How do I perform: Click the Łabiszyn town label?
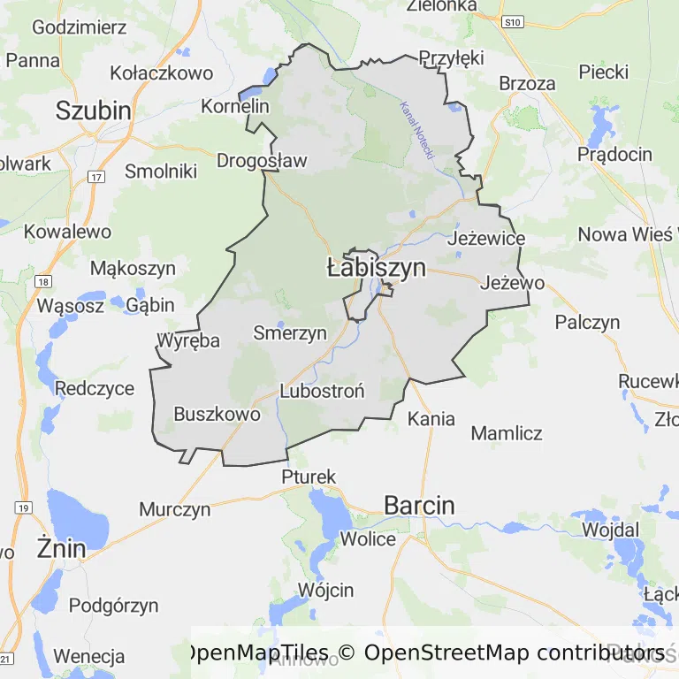(x=376, y=268)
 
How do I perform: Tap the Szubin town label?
(x=93, y=111)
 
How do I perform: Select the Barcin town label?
(x=419, y=506)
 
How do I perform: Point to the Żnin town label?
(x=62, y=548)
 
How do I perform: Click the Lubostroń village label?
(x=322, y=390)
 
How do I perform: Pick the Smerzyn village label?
(x=290, y=333)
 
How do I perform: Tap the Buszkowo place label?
(x=217, y=414)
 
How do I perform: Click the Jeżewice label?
(x=486, y=239)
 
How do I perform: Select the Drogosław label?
(x=262, y=161)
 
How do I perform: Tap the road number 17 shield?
(x=95, y=177)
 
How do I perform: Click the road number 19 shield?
(x=23, y=507)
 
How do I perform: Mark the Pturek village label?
(x=309, y=477)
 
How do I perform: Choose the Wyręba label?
(x=187, y=340)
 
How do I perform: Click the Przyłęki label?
(x=451, y=57)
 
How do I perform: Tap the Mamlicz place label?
(x=506, y=433)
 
